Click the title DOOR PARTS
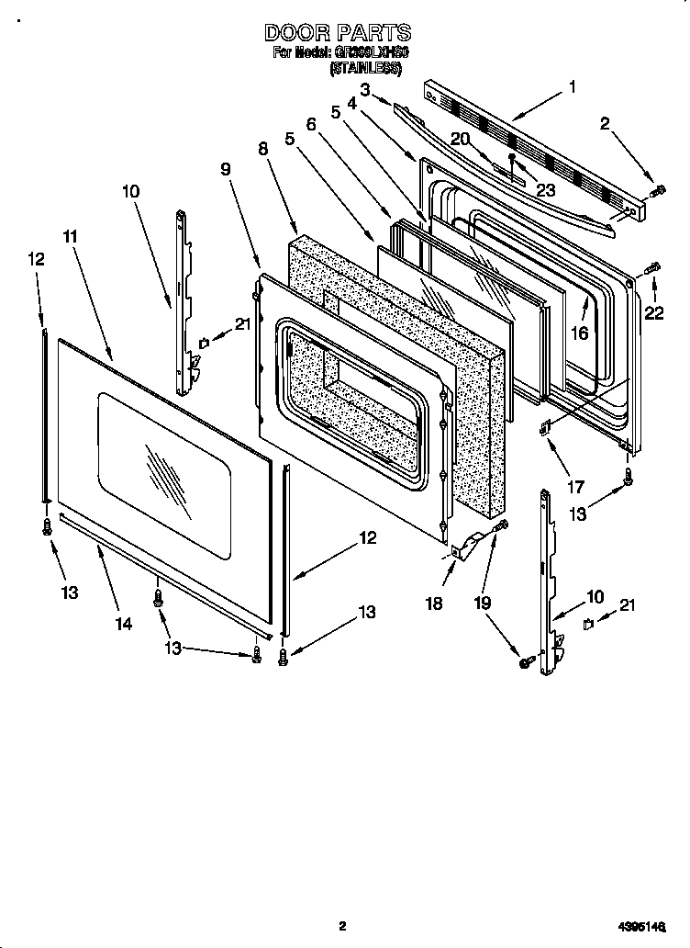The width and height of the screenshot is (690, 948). click(339, 33)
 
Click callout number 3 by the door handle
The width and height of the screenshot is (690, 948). click(364, 89)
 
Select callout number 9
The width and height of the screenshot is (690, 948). click(225, 169)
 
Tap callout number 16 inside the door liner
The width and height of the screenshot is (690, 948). click(579, 333)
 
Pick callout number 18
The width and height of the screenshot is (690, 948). click(434, 604)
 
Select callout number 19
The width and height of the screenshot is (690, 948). click(484, 604)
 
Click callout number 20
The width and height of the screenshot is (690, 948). click(460, 138)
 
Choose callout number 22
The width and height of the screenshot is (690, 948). click(653, 313)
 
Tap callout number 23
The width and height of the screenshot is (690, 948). click(546, 191)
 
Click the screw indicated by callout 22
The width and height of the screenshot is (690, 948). click(652, 268)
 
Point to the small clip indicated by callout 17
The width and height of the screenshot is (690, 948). click(545, 425)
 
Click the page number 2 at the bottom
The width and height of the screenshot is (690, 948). click(341, 926)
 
